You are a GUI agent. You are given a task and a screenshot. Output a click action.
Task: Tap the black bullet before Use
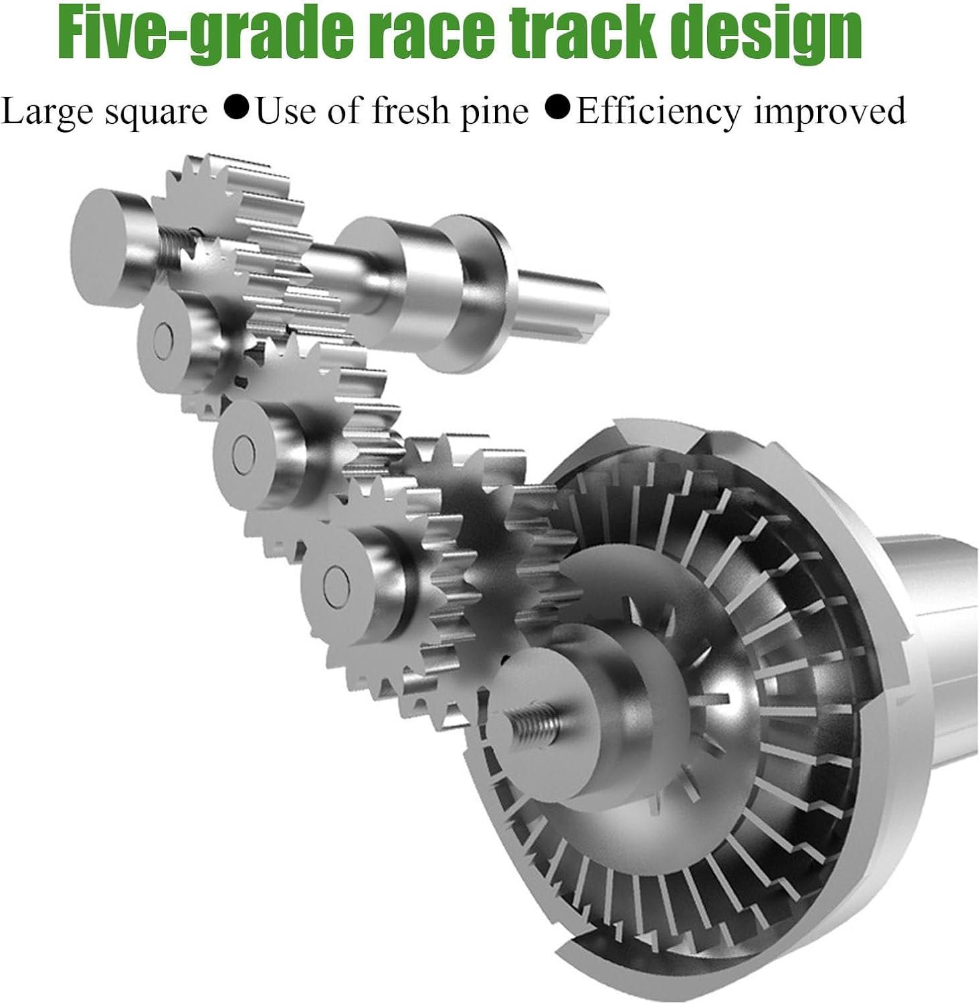tap(237, 108)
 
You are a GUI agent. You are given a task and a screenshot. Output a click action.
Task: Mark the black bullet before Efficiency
tap(559, 108)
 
